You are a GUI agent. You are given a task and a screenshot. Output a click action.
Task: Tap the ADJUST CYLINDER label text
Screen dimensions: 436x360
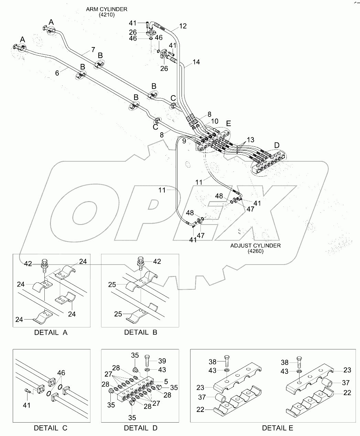(255, 245)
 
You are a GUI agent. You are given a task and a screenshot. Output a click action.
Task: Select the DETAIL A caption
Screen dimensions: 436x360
(51, 333)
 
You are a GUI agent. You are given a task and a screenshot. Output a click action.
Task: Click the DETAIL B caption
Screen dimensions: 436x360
(141, 333)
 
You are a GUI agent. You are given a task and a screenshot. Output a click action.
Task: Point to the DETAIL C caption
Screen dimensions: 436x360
(51, 428)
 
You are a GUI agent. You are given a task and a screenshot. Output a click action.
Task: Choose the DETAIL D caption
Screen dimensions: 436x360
(141, 428)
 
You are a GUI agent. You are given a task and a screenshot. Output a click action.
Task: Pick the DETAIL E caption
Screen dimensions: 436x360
(277, 428)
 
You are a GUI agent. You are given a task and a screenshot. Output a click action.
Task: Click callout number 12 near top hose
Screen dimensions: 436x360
(183, 26)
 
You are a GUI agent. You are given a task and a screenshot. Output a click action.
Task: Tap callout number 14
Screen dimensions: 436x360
(196, 62)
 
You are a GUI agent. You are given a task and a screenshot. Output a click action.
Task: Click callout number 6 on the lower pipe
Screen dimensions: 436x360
(57, 72)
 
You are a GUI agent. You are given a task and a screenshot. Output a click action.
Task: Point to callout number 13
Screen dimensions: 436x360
(250, 139)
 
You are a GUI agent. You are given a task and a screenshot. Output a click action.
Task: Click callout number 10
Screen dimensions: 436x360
(214, 121)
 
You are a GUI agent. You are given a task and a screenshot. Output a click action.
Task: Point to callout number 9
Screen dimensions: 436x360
(184, 141)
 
